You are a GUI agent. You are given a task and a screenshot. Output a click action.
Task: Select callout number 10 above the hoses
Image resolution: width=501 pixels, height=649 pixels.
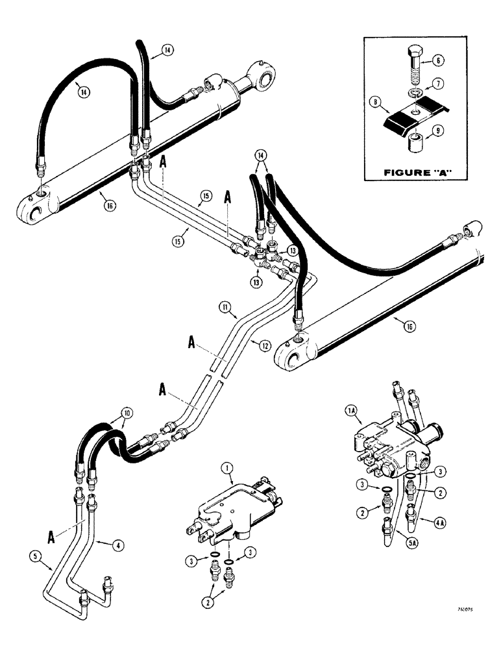pyautogui.click(x=124, y=413)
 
